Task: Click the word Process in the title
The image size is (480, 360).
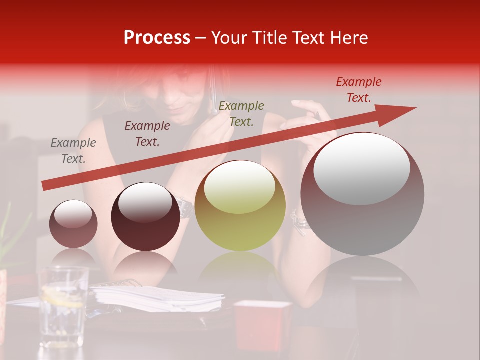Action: [x=157, y=38]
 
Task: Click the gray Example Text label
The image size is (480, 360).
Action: [x=73, y=151]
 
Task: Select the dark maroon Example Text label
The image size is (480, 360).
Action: [x=147, y=134]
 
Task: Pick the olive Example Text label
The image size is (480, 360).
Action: [x=241, y=113]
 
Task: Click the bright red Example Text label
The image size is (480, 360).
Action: [x=358, y=90]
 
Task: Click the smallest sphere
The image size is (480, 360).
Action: [x=73, y=224]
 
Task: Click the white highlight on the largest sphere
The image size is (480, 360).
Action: [x=361, y=169]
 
